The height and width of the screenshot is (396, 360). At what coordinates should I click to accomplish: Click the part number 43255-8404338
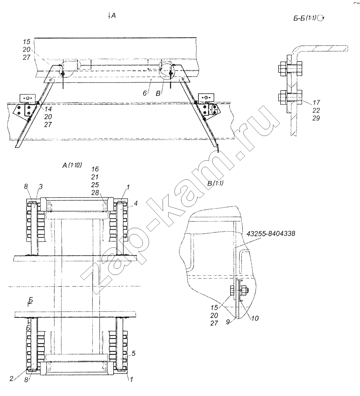pyautogui.click(x=271, y=234)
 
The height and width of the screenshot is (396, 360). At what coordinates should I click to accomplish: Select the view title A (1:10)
pyautogui.click(x=72, y=165)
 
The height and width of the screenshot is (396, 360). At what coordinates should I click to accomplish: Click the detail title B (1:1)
pyautogui.click(x=215, y=183)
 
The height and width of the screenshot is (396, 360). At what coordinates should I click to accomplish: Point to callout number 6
pyautogui.click(x=145, y=93)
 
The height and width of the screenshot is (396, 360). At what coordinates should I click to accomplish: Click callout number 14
pyautogui.click(x=48, y=109)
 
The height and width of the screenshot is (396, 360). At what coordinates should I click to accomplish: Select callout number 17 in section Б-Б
pyautogui.click(x=316, y=102)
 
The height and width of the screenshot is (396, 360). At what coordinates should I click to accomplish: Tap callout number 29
pyautogui.click(x=316, y=118)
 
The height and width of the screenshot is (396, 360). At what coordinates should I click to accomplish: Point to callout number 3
pyautogui.click(x=41, y=186)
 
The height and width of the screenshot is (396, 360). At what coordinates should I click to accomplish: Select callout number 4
pyautogui.click(x=136, y=203)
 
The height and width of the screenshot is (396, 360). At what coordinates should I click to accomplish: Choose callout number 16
pyautogui.click(x=95, y=169)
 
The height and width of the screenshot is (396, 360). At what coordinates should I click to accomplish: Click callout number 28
pyautogui.click(x=95, y=193)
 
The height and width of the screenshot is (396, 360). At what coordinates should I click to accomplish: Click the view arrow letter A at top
pyautogui.click(x=113, y=16)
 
